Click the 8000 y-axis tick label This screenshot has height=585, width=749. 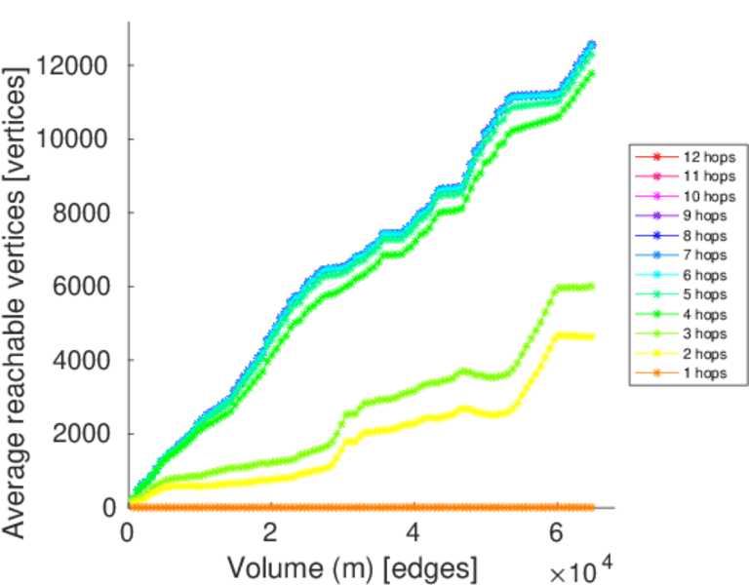pyautogui.click(x=77, y=213)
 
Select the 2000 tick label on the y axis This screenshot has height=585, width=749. pyautogui.click(x=77, y=433)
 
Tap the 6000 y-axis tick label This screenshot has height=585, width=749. pyautogui.click(x=77, y=287)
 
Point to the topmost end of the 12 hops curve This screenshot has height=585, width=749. pyautogui.click(x=591, y=44)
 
